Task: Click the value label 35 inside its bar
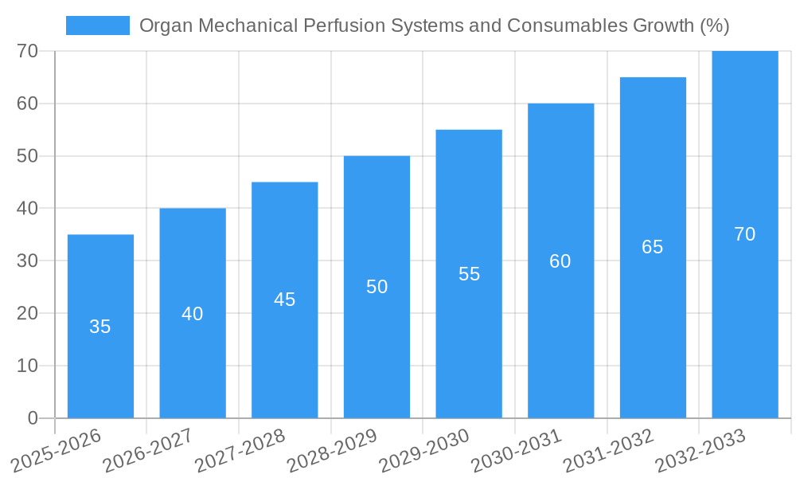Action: (x=100, y=327)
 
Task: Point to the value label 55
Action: (x=469, y=274)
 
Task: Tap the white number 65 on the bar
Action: (x=652, y=247)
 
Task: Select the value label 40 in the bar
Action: (x=193, y=314)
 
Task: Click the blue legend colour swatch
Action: (x=97, y=25)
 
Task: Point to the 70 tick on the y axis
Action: (x=27, y=51)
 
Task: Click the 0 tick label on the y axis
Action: (x=33, y=418)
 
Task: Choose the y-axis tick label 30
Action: (x=27, y=261)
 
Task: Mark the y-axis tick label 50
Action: (x=27, y=156)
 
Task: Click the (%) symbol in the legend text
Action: (x=714, y=25)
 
